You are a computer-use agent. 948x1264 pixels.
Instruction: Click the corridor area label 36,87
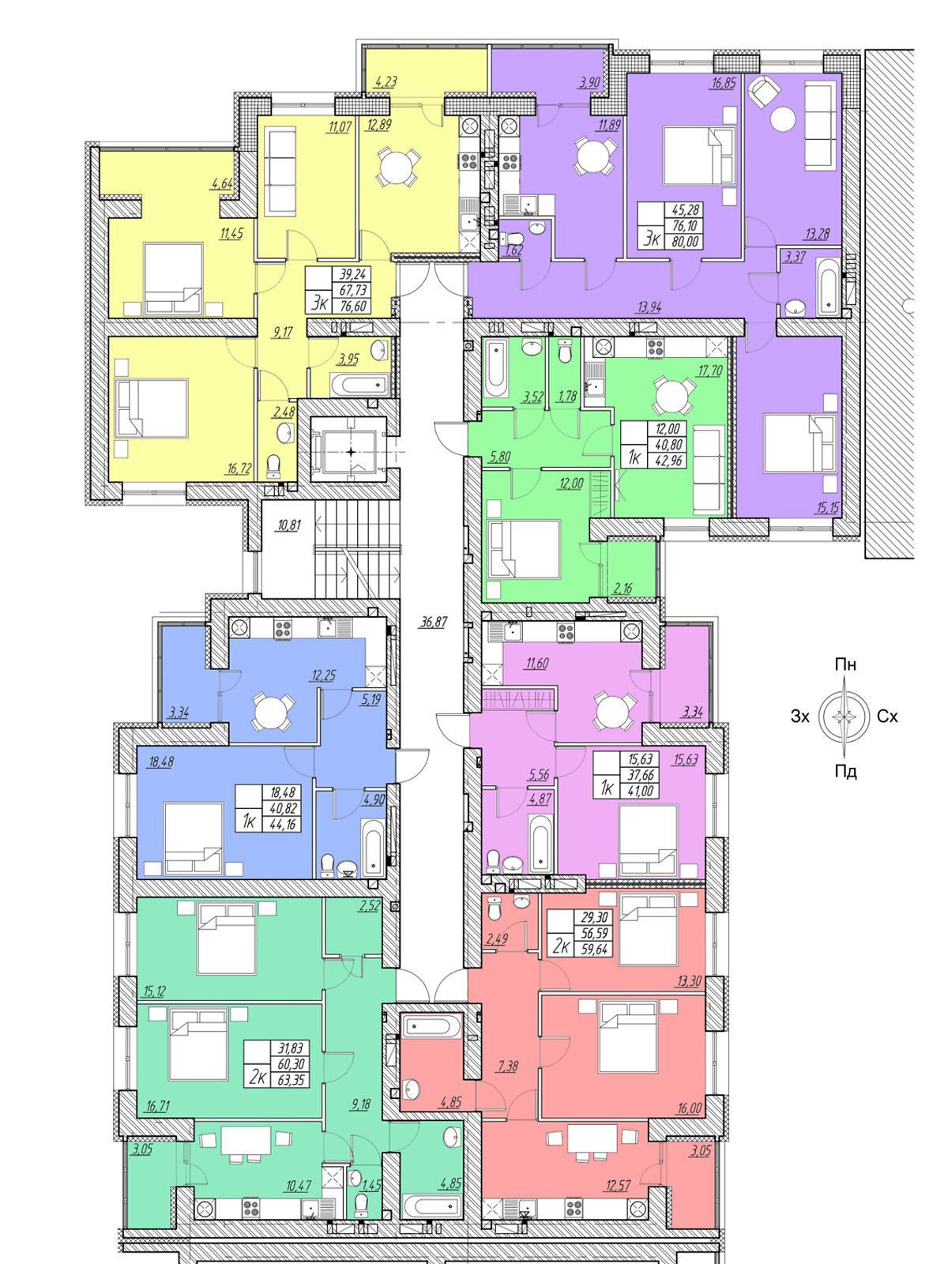coord(434,622)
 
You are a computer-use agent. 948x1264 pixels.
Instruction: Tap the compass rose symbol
coord(844,717)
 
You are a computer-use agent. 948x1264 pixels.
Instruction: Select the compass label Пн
coord(845,664)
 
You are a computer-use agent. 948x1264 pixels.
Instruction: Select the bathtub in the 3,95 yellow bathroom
coord(359,384)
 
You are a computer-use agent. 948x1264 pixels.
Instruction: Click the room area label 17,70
coord(709,371)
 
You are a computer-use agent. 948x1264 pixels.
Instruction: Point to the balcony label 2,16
coord(623,588)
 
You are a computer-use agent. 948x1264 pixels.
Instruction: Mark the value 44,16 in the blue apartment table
coord(282,825)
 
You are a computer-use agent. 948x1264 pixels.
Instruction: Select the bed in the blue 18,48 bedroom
coord(194,838)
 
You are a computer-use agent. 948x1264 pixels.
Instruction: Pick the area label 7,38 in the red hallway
coord(508,1066)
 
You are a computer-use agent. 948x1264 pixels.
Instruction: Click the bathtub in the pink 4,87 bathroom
coord(540,845)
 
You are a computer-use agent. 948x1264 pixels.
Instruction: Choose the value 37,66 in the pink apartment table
coord(640,775)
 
